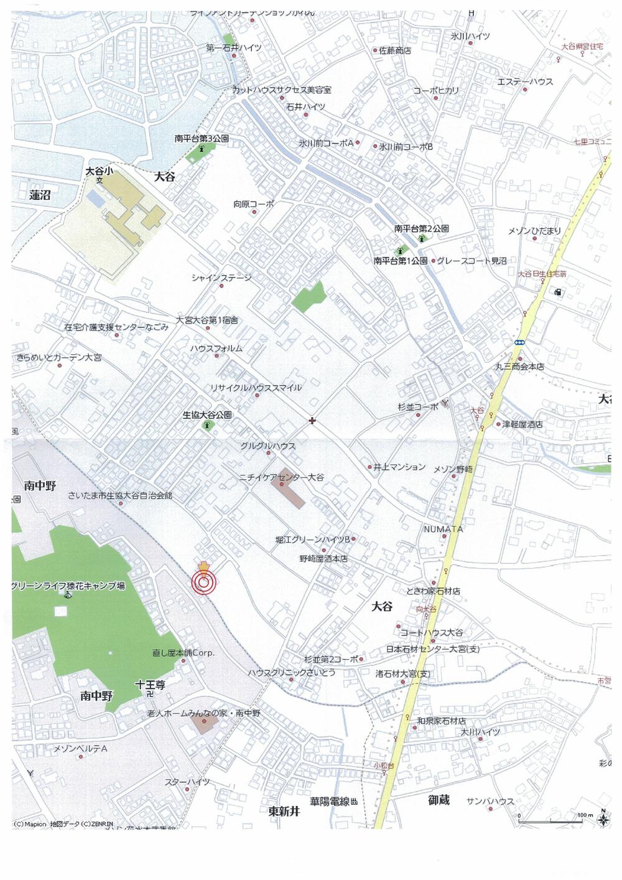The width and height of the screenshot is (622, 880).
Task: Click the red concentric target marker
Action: [202, 583]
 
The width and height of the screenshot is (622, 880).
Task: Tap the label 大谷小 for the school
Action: [99, 171]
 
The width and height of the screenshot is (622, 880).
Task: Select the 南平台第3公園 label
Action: [202, 139]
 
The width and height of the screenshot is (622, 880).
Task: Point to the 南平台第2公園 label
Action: [421, 228]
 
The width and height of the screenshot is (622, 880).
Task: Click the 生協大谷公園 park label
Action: [207, 414]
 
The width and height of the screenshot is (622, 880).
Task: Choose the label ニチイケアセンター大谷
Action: [281, 477]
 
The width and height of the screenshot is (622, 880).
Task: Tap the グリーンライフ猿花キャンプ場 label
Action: [68, 586]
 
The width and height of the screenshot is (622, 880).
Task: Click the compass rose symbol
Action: [603, 819]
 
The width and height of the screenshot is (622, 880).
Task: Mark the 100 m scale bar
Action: [550, 821]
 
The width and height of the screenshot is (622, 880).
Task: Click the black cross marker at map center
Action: [312, 421]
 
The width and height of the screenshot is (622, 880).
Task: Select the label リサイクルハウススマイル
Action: [255, 388]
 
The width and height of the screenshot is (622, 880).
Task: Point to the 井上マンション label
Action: [399, 467]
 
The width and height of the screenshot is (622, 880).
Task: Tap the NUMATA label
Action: [443, 529]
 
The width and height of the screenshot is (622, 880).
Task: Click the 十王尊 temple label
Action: [150, 685]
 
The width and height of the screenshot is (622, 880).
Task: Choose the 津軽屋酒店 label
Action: [522, 424]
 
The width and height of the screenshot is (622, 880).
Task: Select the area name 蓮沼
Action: [40, 195]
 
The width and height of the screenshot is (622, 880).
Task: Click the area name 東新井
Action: [284, 811]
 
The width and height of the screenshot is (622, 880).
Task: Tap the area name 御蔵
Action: [439, 800]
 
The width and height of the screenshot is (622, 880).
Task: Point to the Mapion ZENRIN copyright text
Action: [63, 824]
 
